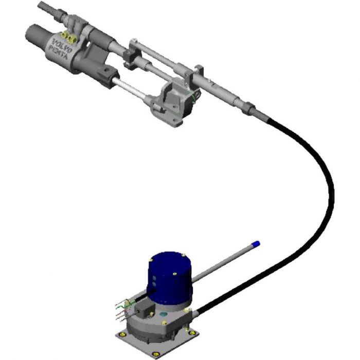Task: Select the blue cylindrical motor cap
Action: click(x=170, y=278)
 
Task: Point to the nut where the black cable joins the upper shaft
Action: click(x=250, y=109)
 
